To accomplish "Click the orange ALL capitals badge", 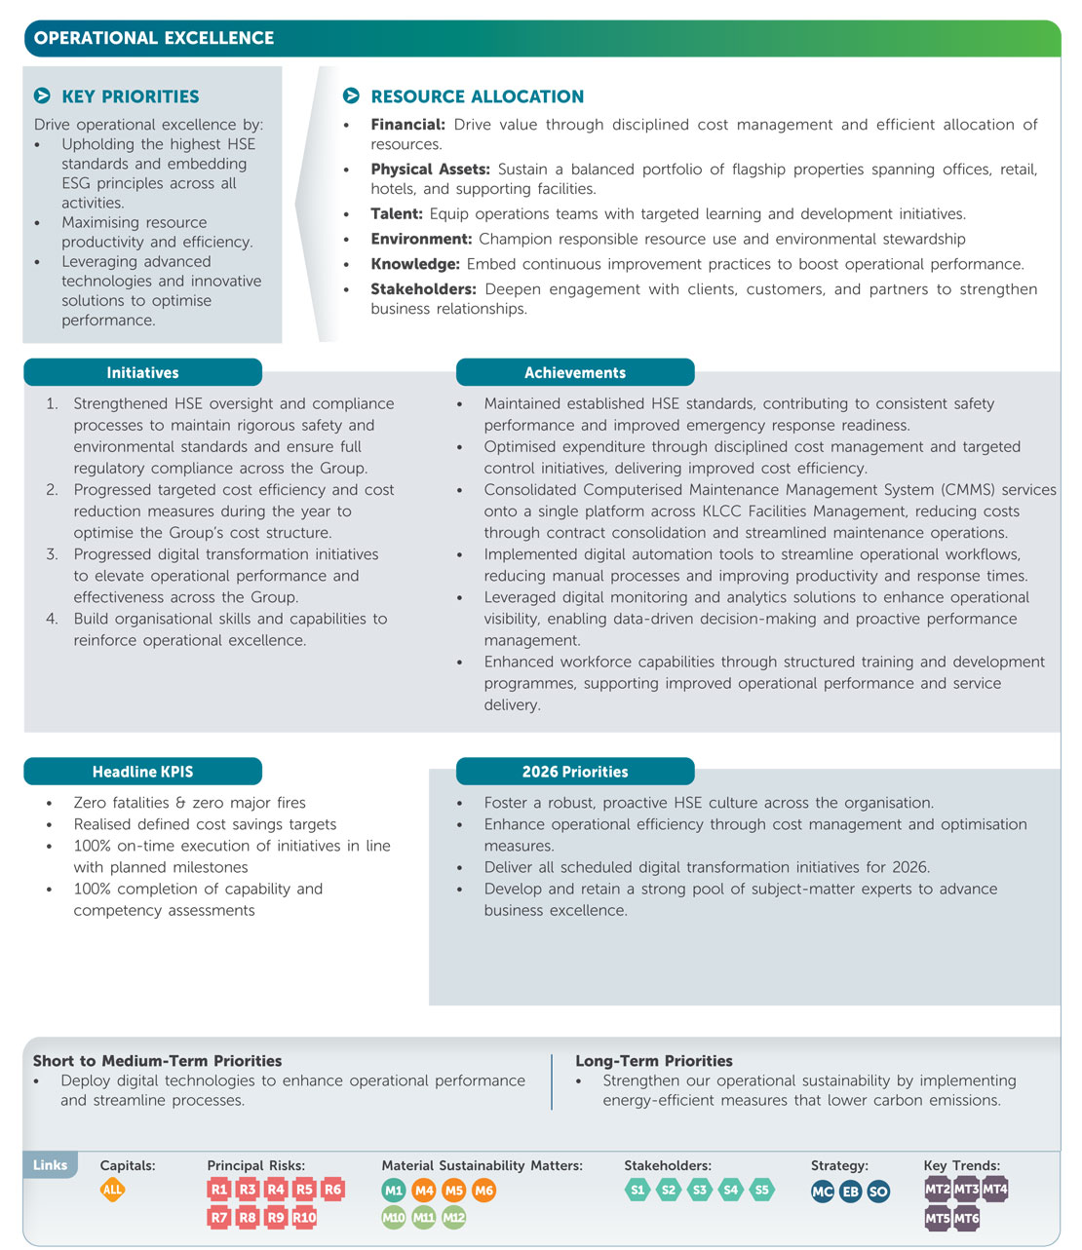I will [x=112, y=1189].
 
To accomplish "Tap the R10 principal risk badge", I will [x=304, y=1217].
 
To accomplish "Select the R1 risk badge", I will [x=219, y=1189].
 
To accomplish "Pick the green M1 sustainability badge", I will [x=394, y=1190].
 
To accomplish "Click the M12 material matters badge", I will [x=454, y=1217].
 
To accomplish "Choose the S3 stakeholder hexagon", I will [x=699, y=1189].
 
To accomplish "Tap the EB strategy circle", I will [x=850, y=1191].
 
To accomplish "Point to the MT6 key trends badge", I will [x=966, y=1218].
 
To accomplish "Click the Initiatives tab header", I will [x=142, y=372].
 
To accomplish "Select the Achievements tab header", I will [x=575, y=372].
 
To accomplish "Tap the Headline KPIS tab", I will [x=142, y=772].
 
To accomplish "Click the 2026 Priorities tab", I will [x=575, y=772].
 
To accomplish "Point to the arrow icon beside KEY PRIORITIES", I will [x=42, y=95].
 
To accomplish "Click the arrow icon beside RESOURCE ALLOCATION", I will [x=351, y=95].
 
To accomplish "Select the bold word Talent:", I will [x=396, y=213].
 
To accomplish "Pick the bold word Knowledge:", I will [x=414, y=264].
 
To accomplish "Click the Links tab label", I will [x=50, y=1164].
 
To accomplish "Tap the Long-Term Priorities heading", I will [x=653, y=1061].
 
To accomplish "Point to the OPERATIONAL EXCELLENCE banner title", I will [x=154, y=38].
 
